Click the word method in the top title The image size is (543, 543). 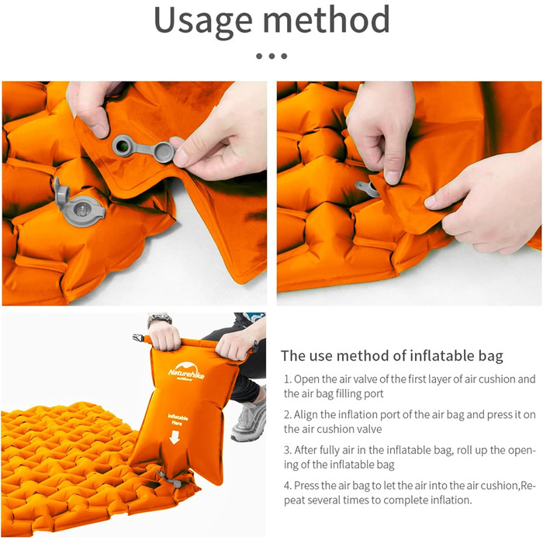pos(327,19)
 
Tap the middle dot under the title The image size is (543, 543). pos(271,56)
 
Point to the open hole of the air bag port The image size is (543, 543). pos(121,147)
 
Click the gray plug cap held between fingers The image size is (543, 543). pos(163,152)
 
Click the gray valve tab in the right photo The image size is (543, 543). pos(367,188)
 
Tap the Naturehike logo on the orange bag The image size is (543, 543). pos(186,372)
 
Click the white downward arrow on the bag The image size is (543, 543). pos(175,437)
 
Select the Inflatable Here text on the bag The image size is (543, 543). pos(178,420)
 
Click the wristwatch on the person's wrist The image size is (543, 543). pos(159,320)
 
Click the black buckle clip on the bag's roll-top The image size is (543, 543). pos(138,337)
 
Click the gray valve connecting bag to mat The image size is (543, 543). pos(168,479)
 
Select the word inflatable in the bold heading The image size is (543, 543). pos(440,355)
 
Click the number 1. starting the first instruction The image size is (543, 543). pos(288,379)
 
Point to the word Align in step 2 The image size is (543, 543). pos(306,414)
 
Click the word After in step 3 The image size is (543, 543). pos(306,450)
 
